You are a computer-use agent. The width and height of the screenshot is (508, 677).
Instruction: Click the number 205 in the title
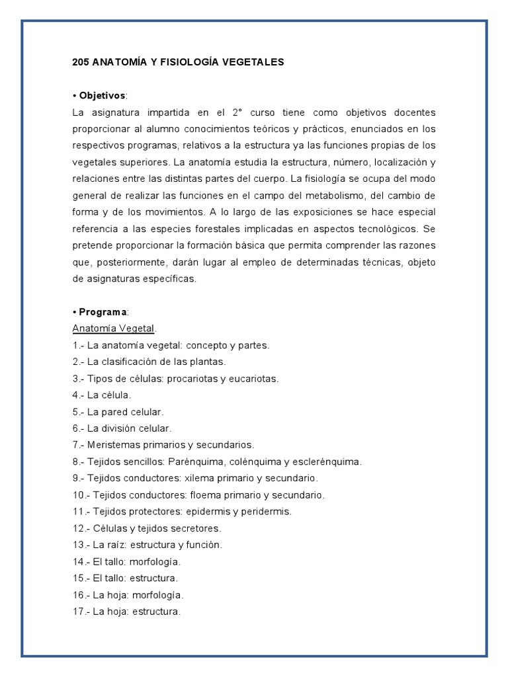(x=81, y=62)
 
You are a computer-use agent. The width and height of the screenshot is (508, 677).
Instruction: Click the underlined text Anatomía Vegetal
(x=112, y=329)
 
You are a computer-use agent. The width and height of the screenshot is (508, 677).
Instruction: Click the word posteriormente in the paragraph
(x=125, y=262)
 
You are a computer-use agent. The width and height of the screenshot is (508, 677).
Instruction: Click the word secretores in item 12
(x=196, y=528)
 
